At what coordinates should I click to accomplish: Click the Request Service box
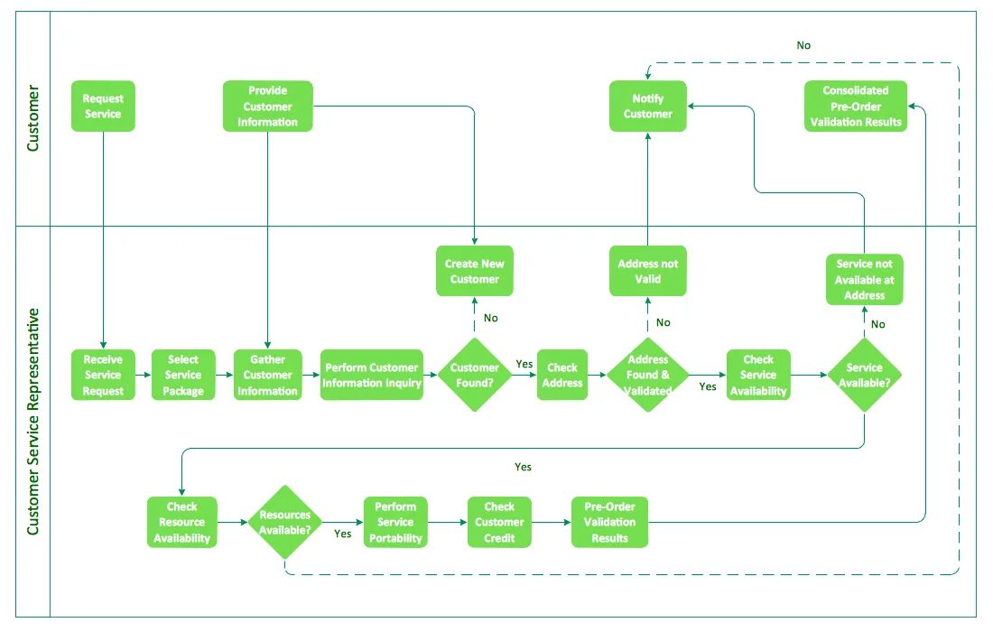(103, 106)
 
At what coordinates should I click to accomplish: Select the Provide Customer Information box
(267, 106)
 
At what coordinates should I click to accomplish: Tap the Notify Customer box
(647, 106)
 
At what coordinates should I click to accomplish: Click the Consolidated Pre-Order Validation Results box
(856, 106)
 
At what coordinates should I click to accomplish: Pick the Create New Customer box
(474, 271)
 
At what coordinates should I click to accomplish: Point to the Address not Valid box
(647, 271)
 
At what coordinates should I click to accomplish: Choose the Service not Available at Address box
(865, 279)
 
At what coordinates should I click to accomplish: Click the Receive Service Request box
(103, 375)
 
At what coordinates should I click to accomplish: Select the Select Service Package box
(183, 375)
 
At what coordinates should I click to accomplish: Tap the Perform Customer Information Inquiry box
(372, 375)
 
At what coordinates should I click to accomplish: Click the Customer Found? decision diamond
(474, 375)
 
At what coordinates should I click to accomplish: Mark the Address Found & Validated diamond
(647, 375)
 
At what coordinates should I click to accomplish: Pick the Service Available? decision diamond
(865, 375)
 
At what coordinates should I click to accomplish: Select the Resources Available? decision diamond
(285, 522)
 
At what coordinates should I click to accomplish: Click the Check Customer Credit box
(499, 522)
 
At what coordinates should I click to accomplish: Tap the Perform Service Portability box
(395, 522)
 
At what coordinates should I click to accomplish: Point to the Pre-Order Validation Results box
(609, 522)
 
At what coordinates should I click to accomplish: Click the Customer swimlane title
(32, 118)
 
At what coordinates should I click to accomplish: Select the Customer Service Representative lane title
(32, 422)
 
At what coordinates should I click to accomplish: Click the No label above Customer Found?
(491, 318)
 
